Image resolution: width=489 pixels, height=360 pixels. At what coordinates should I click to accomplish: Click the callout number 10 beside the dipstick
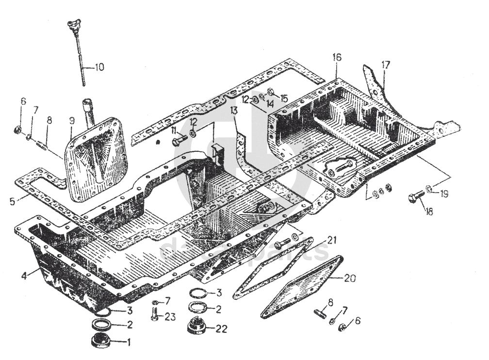[99, 67]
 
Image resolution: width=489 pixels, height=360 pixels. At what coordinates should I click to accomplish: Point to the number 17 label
[385, 64]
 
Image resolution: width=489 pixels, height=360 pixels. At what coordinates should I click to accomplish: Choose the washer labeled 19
[429, 188]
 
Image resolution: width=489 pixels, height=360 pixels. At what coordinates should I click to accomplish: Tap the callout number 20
[350, 278]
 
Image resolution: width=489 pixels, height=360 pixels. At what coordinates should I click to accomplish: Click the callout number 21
[331, 240]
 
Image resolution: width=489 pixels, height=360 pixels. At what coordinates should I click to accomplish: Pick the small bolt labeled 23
[155, 314]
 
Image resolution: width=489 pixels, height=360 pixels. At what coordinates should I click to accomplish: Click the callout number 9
[72, 119]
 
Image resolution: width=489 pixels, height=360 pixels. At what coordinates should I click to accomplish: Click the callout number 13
[234, 111]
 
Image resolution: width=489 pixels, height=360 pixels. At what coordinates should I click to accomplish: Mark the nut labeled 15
[271, 92]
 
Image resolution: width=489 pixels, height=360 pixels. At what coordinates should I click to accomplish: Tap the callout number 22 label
[221, 329]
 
